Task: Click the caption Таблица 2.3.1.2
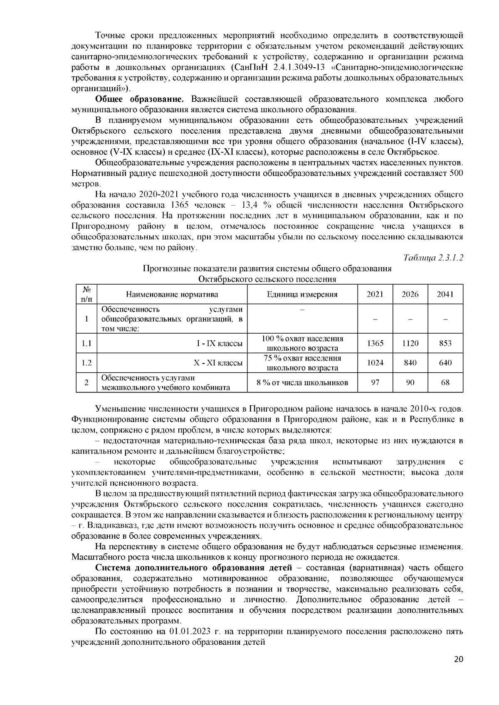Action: click(x=433, y=258)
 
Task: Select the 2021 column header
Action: click(x=375, y=295)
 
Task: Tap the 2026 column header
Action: click(x=410, y=295)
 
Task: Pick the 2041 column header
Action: click(x=445, y=295)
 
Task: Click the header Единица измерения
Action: click(x=302, y=295)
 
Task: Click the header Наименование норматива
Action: click(x=172, y=295)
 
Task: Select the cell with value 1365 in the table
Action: click(x=375, y=344)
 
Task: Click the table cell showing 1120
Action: click(x=410, y=344)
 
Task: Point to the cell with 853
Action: click(x=445, y=344)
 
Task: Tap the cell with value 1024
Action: click(x=375, y=363)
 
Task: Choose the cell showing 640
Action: click(x=445, y=363)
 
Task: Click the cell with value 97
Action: click(x=375, y=383)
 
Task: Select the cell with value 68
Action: click(x=445, y=383)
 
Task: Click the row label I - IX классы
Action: click(x=219, y=344)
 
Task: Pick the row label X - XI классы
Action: click(x=218, y=363)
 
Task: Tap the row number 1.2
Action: click(x=86, y=363)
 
